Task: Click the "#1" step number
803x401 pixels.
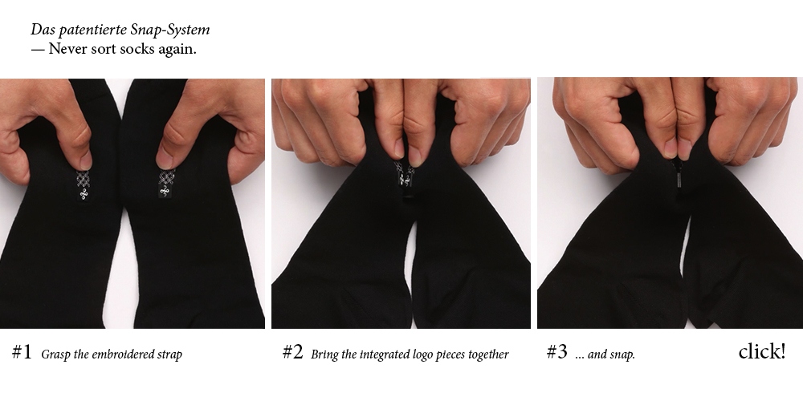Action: point(22,352)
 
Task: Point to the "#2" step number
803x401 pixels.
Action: point(293,352)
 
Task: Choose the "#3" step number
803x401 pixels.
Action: point(557,352)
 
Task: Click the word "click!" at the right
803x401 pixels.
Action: point(762,351)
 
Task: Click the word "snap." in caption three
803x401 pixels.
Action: point(623,354)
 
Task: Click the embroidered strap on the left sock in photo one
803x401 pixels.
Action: point(83,185)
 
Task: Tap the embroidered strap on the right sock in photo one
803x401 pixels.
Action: point(165,183)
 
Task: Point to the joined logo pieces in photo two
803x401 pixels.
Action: point(405,174)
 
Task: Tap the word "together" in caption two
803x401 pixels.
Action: point(487,354)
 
